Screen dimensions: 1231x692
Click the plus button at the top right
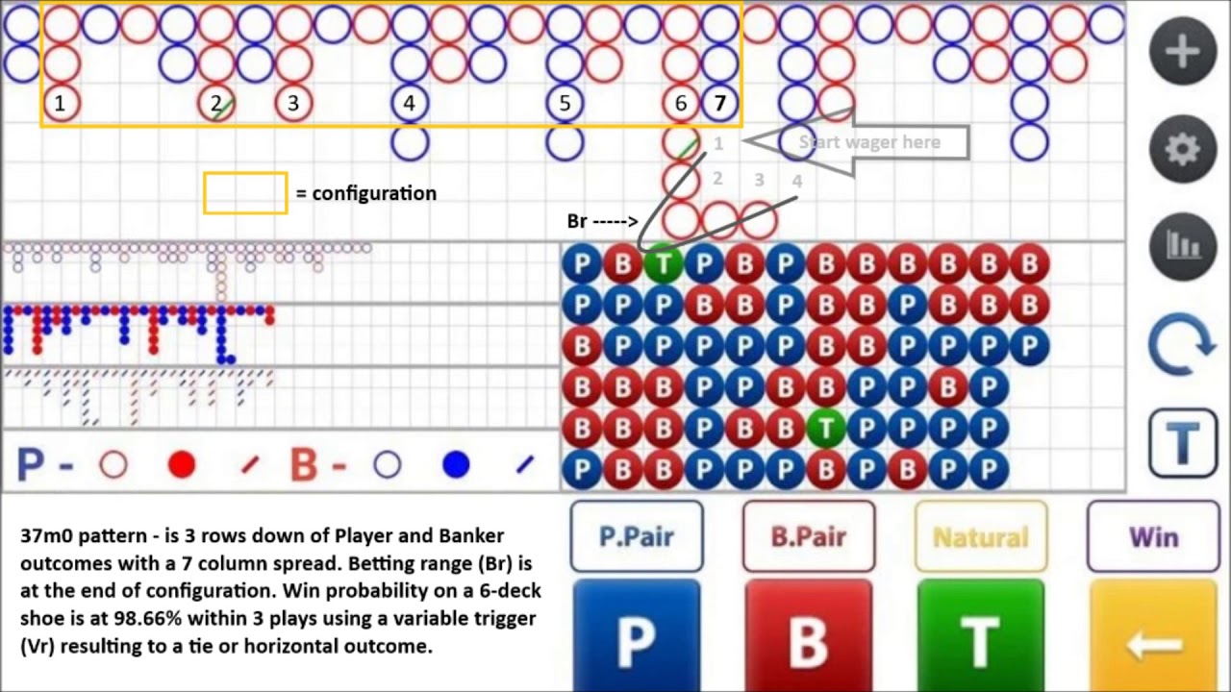[1182, 51]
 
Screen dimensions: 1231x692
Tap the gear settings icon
[1182, 149]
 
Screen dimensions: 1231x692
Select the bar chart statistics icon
[1182, 246]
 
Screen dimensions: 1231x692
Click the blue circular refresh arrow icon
[1182, 345]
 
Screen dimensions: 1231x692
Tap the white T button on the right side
[1182, 443]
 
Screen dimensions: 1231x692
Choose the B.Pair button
[808, 536]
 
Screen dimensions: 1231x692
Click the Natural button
[980, 536]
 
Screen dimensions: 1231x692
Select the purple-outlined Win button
[1152, 536]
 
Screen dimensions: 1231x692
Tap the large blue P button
[637, 636]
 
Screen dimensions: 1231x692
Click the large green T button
[980, 636]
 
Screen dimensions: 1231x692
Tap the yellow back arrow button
[1152, 636]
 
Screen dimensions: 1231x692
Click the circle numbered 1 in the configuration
[61, 103]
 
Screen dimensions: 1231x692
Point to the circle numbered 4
[410, 103]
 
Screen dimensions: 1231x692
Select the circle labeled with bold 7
[720, 103]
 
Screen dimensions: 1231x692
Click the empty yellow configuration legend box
[245, 193]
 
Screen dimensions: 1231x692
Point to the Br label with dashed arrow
[602, 221]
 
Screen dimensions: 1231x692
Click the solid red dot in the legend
[182, 466]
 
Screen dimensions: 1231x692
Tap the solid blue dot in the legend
[456, 466]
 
